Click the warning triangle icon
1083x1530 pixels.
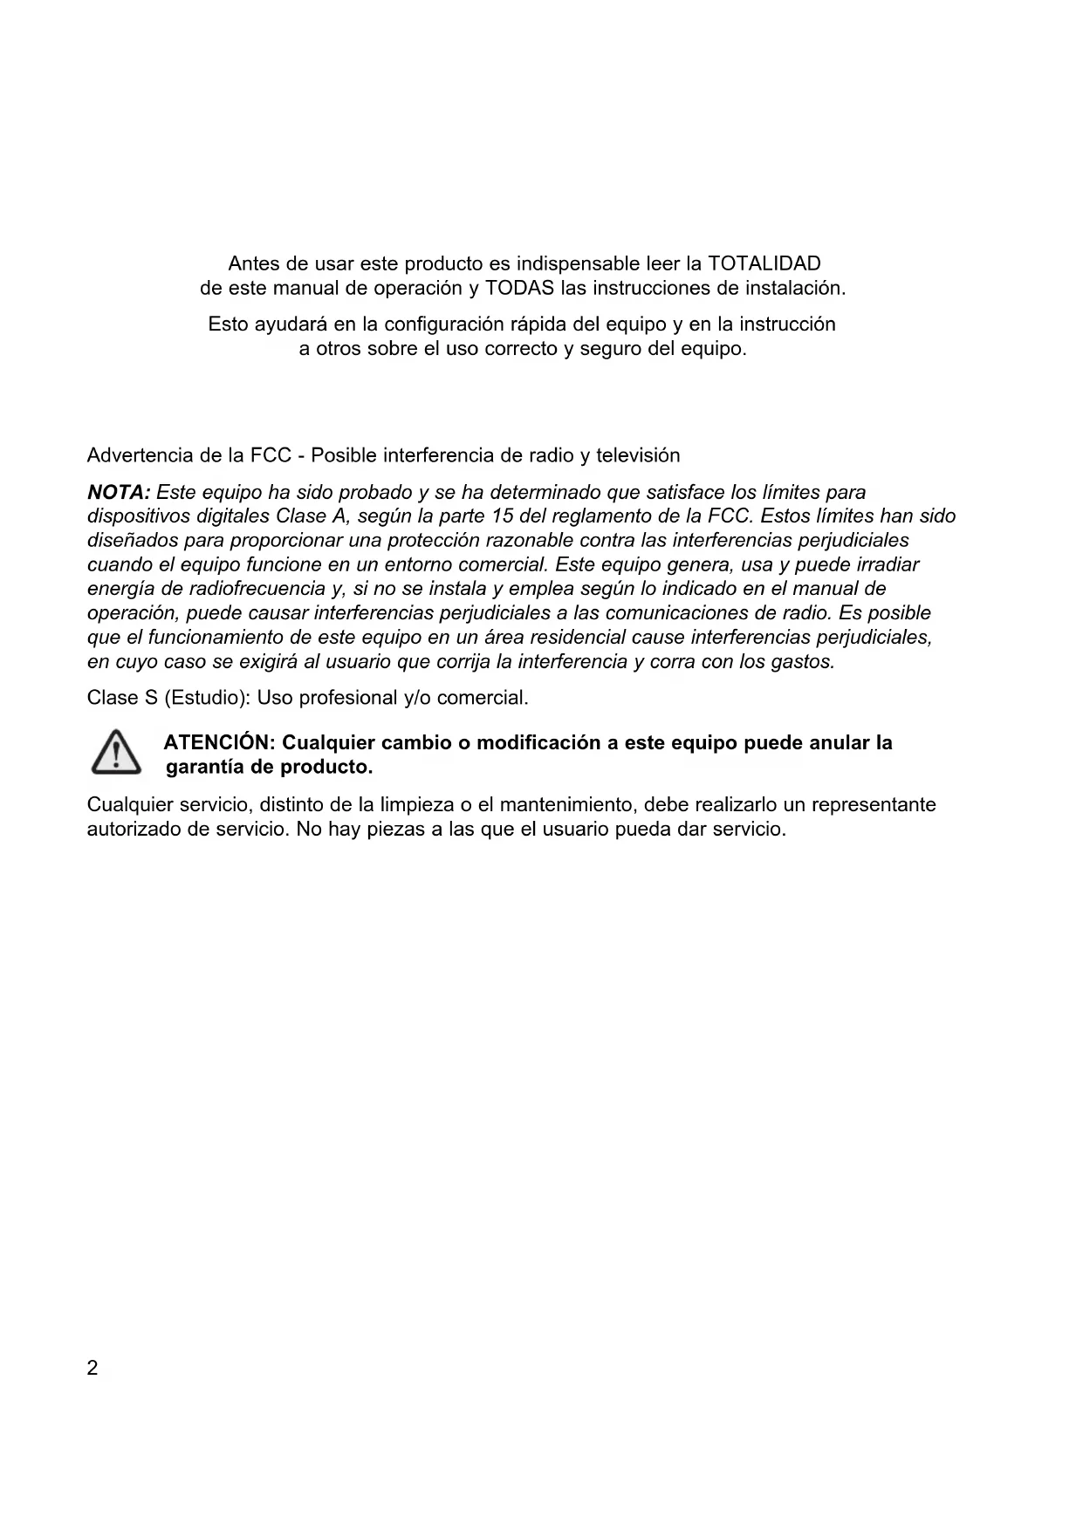[116, 754]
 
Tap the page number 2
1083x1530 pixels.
[93, 1369]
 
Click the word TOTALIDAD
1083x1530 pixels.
[764, 263]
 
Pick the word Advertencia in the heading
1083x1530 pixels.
[140, 455]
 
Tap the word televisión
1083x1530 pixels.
[638, 455]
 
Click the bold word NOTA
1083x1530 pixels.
[119, 492]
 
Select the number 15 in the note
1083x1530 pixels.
[503, 516]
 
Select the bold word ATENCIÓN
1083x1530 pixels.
[219, 743]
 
